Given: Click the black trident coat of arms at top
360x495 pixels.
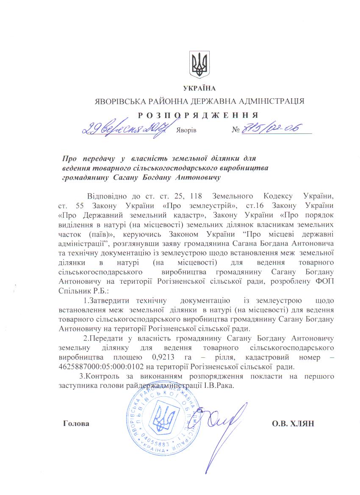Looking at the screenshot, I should pyautogui.click(x=199, y=65).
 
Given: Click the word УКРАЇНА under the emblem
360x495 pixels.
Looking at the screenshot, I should pyautogui.click(x=199, y=88).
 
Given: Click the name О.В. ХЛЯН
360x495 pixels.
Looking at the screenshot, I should pyautogui.click(x=293, y=423).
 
